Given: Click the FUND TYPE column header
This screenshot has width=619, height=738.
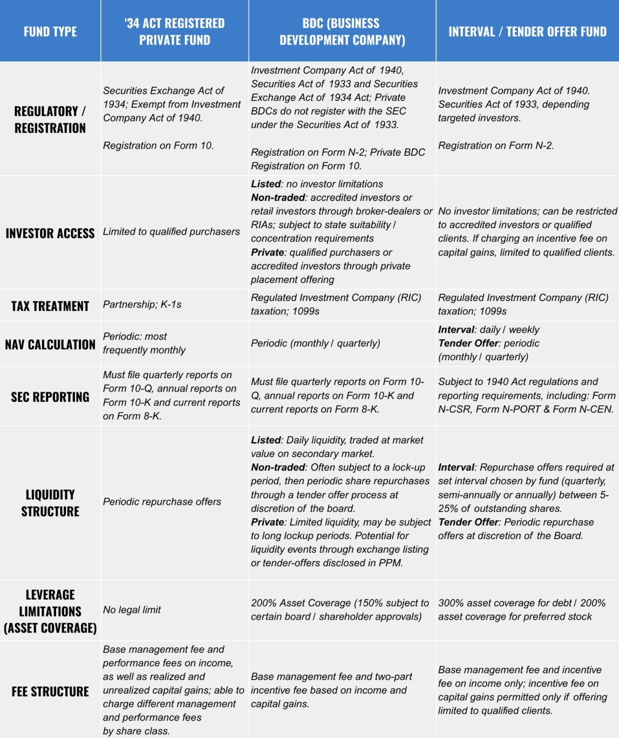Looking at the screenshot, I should click(x=50, y=32).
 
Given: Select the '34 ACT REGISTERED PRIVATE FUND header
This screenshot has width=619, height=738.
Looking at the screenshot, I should click(x=174, y=32).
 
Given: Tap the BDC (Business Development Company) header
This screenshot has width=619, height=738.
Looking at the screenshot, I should click(x=342, y=32).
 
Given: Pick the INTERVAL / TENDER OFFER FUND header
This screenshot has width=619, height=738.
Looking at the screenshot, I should click(x=527, y=32).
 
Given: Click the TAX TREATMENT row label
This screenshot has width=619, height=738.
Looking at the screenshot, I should click(x=50, y=306).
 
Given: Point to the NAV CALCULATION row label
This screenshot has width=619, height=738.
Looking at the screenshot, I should click(x=50, y=344).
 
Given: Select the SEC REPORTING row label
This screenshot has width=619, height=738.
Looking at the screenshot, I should click(x=50, y=397).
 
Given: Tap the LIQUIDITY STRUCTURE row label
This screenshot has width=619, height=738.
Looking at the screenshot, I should click(x=50, y=503).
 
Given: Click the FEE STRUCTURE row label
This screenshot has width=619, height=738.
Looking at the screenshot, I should click(x=50, y=691).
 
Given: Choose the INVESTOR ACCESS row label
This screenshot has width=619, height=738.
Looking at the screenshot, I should click(x=50, y=233).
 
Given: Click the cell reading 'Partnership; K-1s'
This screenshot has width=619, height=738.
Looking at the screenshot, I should click(x=143, y=304).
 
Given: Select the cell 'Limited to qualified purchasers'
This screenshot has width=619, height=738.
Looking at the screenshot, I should click(x=171, y=232).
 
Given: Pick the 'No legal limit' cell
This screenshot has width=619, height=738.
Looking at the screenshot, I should click(x=132, y=609).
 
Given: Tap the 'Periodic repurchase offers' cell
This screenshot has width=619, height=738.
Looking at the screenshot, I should click(x=162, y=502).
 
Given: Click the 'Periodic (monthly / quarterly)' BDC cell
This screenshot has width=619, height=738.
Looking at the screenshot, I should click(x=315, y=343).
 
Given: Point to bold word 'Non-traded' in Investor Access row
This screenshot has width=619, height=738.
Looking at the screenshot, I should click(x=278, y=198).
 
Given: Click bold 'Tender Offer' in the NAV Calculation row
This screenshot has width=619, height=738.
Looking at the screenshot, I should click(x=468, y=343).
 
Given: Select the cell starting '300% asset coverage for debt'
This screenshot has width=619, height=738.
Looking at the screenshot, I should click(x=522, y=610).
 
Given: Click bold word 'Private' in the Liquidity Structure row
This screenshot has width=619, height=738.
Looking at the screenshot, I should click(x=267, y=522).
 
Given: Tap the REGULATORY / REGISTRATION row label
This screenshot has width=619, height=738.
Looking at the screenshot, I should click(x=50, y=119).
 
